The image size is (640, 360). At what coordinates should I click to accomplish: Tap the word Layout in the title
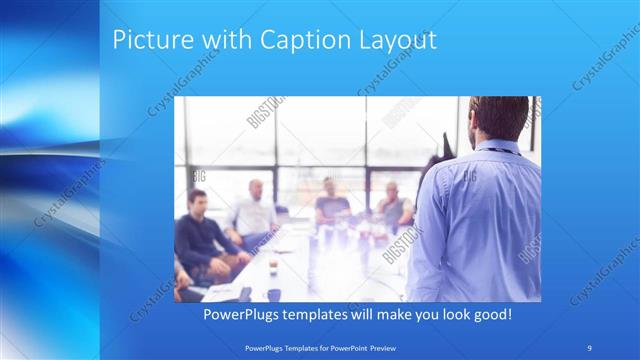[x=399, y=41]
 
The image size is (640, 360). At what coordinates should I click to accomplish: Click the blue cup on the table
[x=274, y=294]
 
